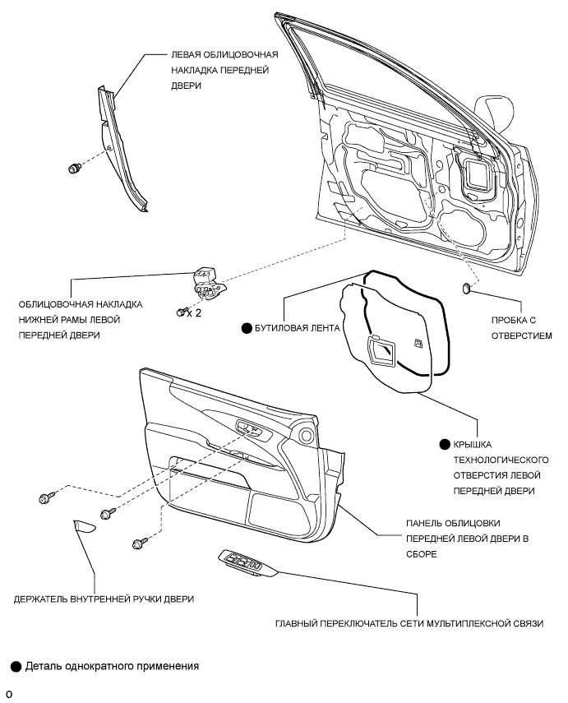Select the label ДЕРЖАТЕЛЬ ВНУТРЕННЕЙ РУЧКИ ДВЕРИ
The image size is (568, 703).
104,599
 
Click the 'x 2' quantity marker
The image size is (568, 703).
194,313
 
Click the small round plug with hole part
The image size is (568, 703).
467,288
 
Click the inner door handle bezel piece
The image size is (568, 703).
83,527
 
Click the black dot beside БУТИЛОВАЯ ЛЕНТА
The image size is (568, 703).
245,327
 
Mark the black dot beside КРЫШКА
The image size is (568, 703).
443,443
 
